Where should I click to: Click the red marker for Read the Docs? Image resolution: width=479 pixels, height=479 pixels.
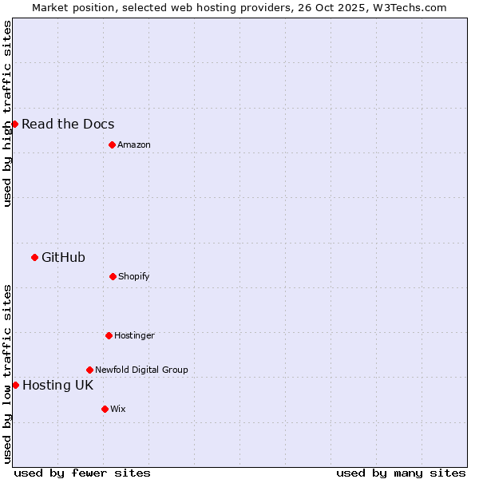(x=14, y=124)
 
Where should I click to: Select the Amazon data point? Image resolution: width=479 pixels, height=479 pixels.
(x=112, y=144)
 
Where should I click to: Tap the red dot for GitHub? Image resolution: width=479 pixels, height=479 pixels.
(x=34, y=257)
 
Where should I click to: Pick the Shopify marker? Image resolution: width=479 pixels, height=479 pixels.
(x=113, y=276)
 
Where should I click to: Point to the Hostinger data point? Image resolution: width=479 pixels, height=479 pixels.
(x=109, y=335)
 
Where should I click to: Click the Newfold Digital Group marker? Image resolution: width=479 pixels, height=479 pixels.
(x=89, y=370)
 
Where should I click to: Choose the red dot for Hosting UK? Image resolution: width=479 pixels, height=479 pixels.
(x=15, y=385)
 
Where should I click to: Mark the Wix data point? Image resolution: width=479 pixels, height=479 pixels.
(x=105, y=409)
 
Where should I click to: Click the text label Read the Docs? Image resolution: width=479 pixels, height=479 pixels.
(x=68, y=124)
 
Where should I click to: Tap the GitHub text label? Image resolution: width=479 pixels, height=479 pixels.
(x=63, y=257)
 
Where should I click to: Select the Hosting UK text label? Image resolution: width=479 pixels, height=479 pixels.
(x=57, y=385)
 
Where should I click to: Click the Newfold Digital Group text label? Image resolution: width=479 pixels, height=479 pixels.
(x=141, y=370)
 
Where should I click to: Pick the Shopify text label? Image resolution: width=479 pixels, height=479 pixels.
(x=134, y=276)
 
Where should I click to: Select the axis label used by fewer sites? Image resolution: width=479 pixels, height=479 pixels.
(x=82, y=473)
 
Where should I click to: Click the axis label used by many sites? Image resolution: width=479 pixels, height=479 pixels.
(x=401, y=473)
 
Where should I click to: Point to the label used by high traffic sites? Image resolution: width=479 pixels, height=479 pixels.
(x=7, y=113)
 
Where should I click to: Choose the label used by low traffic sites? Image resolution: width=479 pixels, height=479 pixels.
(x=7, y=374)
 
